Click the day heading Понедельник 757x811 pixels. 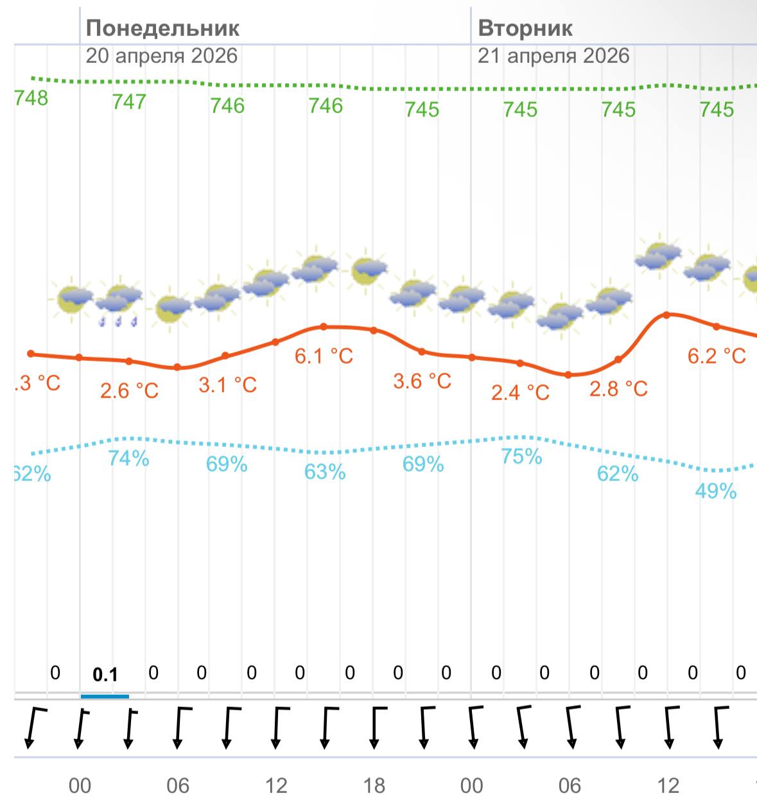[162, 28]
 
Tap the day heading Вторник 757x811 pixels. [525, 28]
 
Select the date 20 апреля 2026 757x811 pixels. [162, 56]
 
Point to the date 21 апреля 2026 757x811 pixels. [553, 56]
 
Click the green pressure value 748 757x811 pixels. [31, 98]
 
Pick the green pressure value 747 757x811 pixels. [129, 101]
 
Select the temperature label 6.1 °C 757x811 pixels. [324, 356]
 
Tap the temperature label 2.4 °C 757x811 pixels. [520, 392]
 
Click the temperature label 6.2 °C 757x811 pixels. [717, 356]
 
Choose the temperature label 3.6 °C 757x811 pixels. [422, 381]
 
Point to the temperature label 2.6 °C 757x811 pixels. [129, 390]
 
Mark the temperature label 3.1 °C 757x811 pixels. [227, 385]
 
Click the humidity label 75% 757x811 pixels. [521, 457]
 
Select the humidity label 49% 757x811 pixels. [715, 491]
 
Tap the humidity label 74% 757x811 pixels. [129, 458]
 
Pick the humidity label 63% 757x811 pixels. [325, 472]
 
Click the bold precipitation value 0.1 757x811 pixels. [105, 675]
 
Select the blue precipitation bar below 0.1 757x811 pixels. [105, 696]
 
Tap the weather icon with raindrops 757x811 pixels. [119, 304]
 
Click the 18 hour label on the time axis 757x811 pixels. [374, 786]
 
